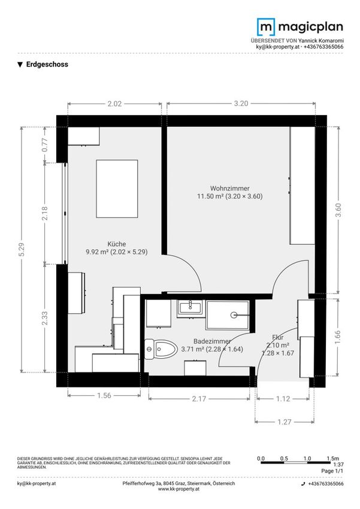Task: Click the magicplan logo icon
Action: pos(266,26)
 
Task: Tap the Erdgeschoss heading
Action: pos(47,64)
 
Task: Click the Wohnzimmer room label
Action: pos(230,188)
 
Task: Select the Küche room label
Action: pos(117,244)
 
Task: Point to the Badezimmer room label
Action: pos(212,341)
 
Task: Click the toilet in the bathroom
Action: pos(161,349)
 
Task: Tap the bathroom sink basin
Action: pos(190,307)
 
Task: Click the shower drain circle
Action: pos(234,315)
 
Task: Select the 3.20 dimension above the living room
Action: pos(241,104)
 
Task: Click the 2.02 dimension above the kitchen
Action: pos(114,104)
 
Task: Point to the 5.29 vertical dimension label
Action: pos(22,249)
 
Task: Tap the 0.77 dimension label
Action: pos(45,145)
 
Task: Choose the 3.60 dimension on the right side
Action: pos(338,210)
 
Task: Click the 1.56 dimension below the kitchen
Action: pos(104,395)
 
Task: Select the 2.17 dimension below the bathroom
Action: pos(199,399)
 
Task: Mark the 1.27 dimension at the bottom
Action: pos(285,422)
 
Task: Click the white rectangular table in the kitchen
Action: pos(117,189)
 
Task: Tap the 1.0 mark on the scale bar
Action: pos(307,458)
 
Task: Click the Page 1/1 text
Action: pos(332,471)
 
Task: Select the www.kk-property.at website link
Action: pos(179,489)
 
